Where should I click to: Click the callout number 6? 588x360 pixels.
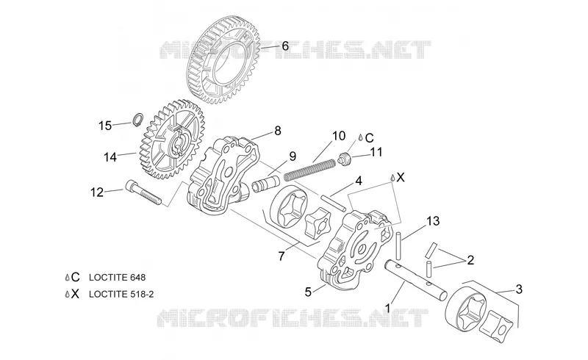click(285, 46)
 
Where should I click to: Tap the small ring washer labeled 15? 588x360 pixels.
click(137, 119)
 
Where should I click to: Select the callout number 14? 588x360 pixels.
click(110, 156)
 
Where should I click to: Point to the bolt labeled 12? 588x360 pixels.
click(143, 192)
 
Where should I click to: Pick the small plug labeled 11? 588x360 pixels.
click(343, 158)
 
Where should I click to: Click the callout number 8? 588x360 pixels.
click(278, 131)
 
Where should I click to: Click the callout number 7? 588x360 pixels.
click(282, 256)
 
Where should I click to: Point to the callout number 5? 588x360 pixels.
click(308, 292)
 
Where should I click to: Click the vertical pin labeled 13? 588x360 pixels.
click(399, 245)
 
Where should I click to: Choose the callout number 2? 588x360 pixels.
click(470, 259)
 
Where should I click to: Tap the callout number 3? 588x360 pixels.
click(519, 289)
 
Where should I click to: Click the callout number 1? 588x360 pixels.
click(388, 309)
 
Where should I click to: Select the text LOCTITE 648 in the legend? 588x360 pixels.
click(117, 278)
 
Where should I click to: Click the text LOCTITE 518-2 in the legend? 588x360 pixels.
click(121, 294)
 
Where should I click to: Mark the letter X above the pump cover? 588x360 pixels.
click(401, 177)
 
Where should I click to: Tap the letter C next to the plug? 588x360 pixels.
click(369, 138)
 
